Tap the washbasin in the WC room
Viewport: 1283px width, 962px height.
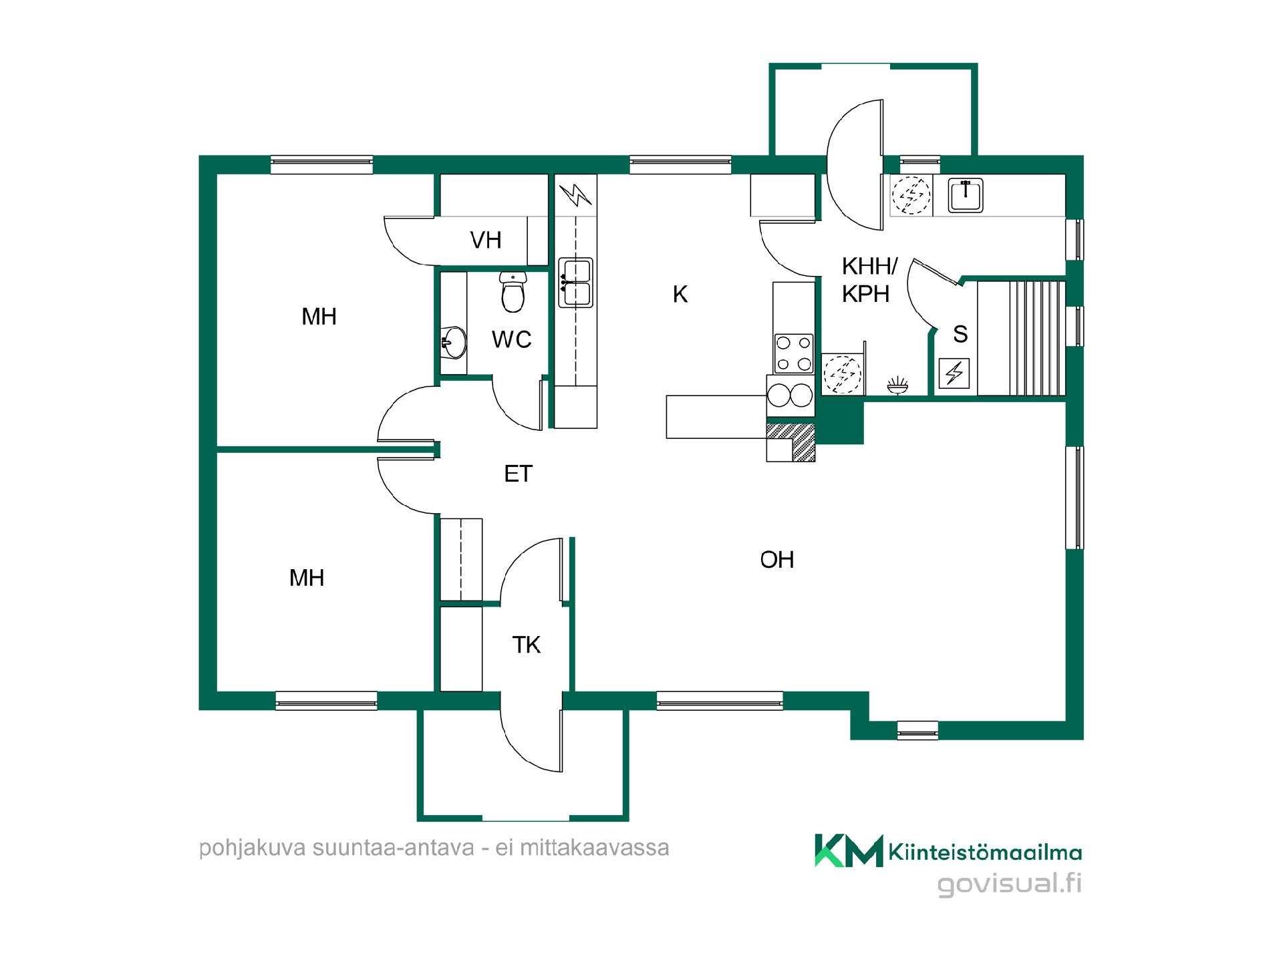pos(454,343)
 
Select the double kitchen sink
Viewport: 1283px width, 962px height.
pos(575,283)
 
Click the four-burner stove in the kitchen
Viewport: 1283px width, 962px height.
pos(793,353)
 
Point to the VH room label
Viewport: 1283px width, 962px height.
pos(486,240)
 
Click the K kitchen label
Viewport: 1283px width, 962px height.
pos(680,294)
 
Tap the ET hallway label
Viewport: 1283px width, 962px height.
pos(518,474)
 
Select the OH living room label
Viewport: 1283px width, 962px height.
pos(777,560)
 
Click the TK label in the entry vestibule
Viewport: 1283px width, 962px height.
pos(526,645)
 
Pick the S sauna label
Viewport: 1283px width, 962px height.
pos(960,334)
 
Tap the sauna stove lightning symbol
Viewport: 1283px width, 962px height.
pos(954,373)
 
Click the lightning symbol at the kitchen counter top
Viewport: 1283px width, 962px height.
pos(575,194)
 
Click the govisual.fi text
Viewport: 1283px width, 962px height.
pos(1009,884)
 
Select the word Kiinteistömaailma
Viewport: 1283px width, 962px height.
pos(985,852)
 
